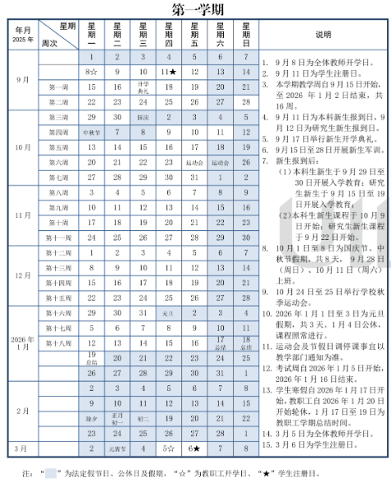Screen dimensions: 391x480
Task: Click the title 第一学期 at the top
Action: click(x=195, y=9)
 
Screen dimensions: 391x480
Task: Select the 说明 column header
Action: click(x=324, y=35)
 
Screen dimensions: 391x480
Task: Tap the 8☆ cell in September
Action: click(x=91, y=72)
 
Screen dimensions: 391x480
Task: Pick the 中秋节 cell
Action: click(x=91, y=132)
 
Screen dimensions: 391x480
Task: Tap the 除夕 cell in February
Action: click(x=91, y=418)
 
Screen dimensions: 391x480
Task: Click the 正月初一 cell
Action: click(x=117, y=418)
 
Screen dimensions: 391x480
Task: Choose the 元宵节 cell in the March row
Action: click(x=117, y=449)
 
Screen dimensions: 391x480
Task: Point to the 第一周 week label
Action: click(x=58, y=87)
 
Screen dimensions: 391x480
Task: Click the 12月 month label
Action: click(x=23, y=275)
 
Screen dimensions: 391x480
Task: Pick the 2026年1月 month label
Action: click(x=23, y=342)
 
